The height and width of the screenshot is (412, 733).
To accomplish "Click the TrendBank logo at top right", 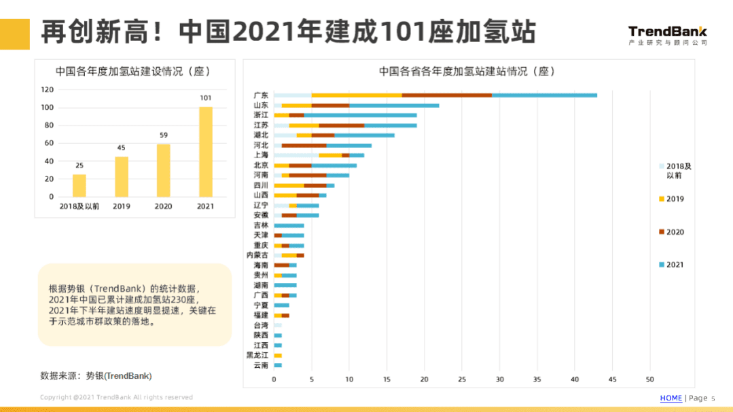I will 667,35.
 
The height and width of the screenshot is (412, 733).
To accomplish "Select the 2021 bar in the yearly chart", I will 205,151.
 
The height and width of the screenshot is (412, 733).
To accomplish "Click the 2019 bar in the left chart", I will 122,176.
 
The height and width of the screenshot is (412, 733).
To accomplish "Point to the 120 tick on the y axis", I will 47,90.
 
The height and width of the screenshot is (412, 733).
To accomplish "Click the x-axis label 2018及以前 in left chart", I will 79,206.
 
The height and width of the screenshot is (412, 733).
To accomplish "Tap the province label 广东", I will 261,95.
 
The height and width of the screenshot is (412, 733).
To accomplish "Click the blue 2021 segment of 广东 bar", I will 544,95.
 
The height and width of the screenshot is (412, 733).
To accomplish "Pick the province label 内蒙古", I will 257,255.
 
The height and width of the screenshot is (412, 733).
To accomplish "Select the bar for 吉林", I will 289,225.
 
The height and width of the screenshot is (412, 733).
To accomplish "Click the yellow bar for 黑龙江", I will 278,355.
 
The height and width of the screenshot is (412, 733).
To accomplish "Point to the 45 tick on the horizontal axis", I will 612,379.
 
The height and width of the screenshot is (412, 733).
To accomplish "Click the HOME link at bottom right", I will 671,398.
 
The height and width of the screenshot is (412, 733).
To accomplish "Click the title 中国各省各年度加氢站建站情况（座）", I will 467,71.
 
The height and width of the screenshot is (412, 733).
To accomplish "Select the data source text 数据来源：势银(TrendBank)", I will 96,375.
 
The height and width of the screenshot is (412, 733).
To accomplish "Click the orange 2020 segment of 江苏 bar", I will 342,125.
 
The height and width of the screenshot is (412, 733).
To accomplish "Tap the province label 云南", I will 261,365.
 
